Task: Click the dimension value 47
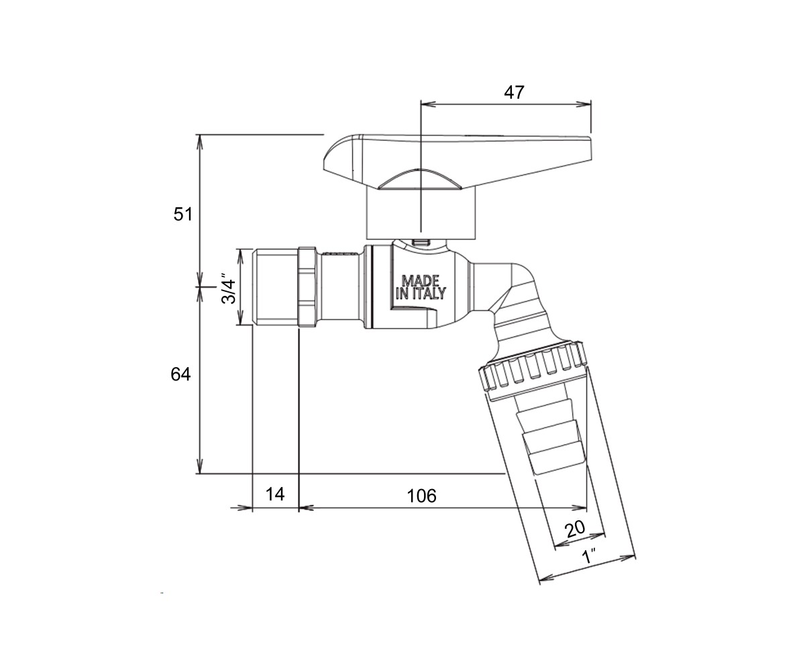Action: [514, 93]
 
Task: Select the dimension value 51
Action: [182, 214]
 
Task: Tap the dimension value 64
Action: [180, 374]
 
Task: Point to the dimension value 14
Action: [275, 494]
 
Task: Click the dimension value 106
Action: [421, 496]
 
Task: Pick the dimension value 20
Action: [575, 529]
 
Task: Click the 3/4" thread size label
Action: [228, 289]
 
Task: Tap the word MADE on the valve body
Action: [420, 280]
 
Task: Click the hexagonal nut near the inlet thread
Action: [307, 288]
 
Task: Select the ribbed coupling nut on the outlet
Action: [534, 371]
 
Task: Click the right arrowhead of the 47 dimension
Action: [584, 104]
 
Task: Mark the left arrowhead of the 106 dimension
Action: [307, 508]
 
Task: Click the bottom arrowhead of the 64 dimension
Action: [199, 466]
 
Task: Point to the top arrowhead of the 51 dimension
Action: [199, 142]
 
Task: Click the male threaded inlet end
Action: [275, 288]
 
